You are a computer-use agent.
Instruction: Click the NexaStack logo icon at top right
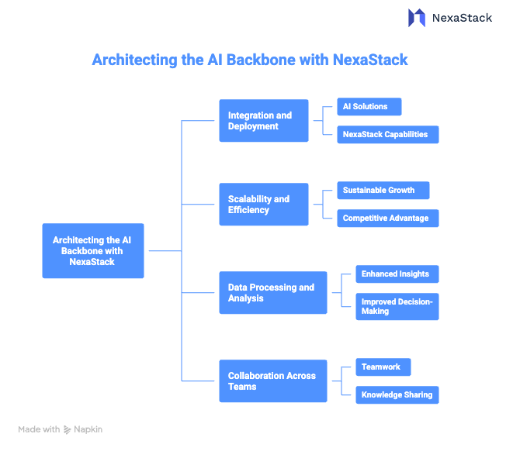pyautogui.click(x=417, y=17)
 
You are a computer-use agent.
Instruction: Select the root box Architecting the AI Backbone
pyautogui.click(x=92, y=251)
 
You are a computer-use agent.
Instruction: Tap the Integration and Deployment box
pyautogui.click(x=263, y=121)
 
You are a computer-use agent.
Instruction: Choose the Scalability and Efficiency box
pyautogui.click(x=263, y=205)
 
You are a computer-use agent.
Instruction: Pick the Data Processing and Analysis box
pyautogui.click(x=272, y=292)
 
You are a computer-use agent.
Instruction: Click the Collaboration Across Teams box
pyautogui.click(x=272, y=380)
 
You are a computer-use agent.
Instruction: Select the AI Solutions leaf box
pyautogui.click(x=368, y=107)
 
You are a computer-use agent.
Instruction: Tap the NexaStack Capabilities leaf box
pyautogui.click(x=387, y=134)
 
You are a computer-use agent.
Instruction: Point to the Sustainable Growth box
pyautogui.click(x=382, y=190)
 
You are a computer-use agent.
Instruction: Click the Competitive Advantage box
pyautogui.click(x=387, y=218)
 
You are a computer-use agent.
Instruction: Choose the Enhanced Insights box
pyautogui.click(x=396, y=274)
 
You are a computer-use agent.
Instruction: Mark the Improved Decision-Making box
pyautogui.click(x=396, y=306)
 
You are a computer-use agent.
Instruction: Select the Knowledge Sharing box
pyautogui.click(x=396, y=394)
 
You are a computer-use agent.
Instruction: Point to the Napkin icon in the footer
pyautogui.click(x=68, y=429)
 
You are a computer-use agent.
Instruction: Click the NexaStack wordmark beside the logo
pyautogui.click(x=462, y=17)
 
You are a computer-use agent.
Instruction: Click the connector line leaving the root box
pyautogui.click(x=163, y=251)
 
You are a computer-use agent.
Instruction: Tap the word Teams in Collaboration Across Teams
pyautogui.click(x=241, y=387)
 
